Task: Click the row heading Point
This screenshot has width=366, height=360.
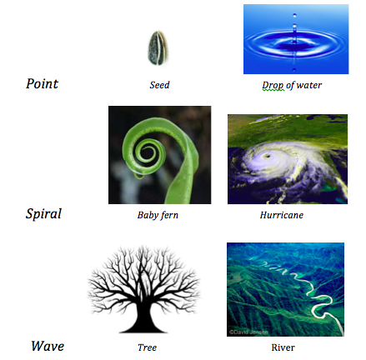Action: tap(43, 83)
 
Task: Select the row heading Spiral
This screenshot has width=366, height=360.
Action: tap(43, 214)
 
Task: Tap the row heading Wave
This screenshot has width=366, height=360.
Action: tap(48, 346)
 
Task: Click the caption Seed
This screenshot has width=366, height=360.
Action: tap(159, 85)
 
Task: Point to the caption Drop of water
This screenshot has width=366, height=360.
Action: tap(292, 85)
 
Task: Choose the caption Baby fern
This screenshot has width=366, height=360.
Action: tap(158, 215)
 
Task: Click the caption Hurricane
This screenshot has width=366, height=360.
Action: tap(282, 215)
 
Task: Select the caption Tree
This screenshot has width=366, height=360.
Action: tap(147, 347)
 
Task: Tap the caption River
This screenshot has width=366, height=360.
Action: tap(283, 347)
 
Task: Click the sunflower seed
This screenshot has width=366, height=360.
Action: tap(158, 47)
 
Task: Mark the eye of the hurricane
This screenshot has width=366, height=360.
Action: tap(268, 156)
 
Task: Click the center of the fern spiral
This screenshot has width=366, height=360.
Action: tap(147, 152)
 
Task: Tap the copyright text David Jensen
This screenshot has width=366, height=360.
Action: tap(248, 332)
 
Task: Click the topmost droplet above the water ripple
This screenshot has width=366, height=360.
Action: tap(294, 15)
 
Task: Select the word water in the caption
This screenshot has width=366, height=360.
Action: tap(309, 85)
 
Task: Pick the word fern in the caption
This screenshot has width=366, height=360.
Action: tap(169, 215)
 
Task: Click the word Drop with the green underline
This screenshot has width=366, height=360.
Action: tap(273, 85)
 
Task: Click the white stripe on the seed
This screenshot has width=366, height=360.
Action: tap(158, 47)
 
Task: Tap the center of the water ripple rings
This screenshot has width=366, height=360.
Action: tap(294, 42)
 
